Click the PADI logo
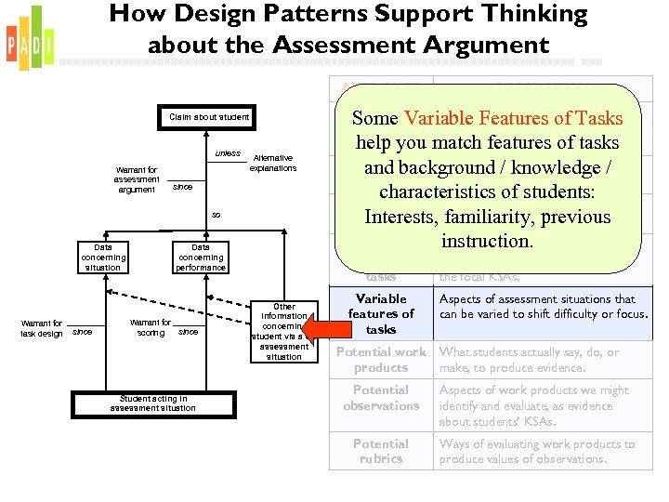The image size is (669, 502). tap(30, 38)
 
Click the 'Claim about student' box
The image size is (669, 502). tap(209, 117)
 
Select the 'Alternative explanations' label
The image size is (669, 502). tap(273, 164)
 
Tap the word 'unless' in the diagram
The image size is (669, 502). tap(228, 153)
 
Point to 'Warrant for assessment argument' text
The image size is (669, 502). tap(137, 179)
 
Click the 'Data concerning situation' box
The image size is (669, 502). tap(102, 258)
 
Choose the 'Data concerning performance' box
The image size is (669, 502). tap(201, 258)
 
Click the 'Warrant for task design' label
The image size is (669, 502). tap(43, 328)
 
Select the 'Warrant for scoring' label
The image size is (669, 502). tap(151, 328)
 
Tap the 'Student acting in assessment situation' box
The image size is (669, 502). tap(152, 403)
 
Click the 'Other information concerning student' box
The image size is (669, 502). tap(284, 331)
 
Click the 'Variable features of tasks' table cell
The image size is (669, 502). tap(381, 314)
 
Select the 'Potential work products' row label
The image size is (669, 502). tap(381, 360)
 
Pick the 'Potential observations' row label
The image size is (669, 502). tap(381, 398)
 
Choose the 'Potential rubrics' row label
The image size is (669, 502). tap(381, 451)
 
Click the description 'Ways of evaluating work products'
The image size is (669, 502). tap(537, 451)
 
